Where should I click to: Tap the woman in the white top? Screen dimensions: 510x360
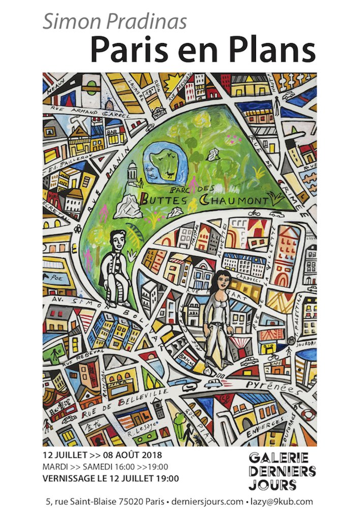pos(218,315)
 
